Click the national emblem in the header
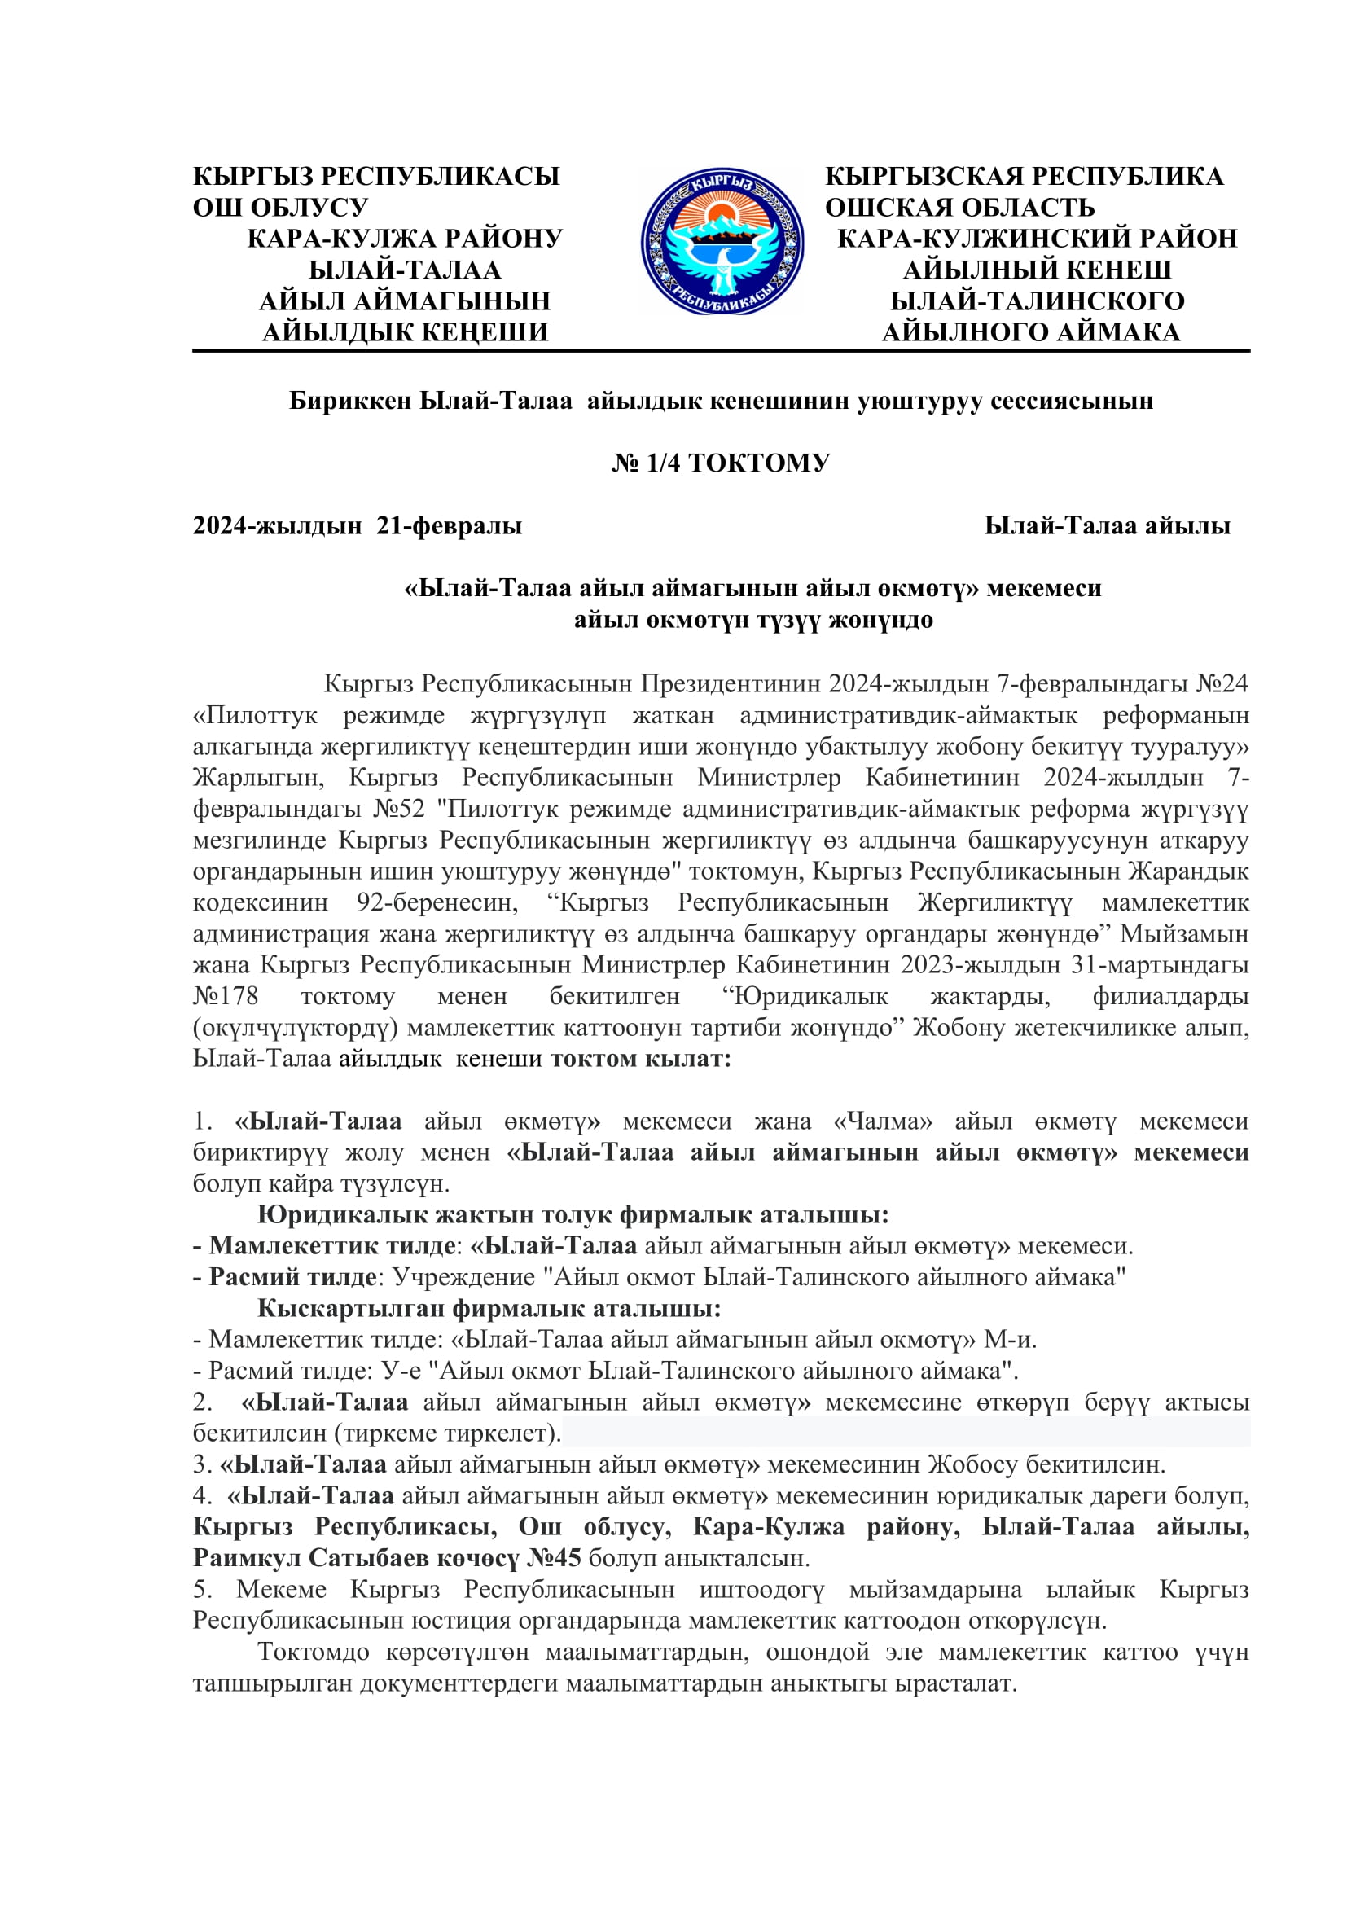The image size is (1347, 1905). tap(722, 241)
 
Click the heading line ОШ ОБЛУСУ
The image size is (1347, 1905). tap(280, 208)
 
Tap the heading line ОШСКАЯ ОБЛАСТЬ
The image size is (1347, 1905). tap(959, 208)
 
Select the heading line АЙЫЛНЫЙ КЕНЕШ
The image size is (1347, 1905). tap(1037, 270)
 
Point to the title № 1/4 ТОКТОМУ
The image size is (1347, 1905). tap(721, 463)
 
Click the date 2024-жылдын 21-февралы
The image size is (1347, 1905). tap(358, 526)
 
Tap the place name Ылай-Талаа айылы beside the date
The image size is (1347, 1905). tap(1108, 526)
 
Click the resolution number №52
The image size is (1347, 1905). tap(399, 808)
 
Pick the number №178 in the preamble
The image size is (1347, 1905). tap(226, 995)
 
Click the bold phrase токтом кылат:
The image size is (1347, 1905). tap(640, 1059)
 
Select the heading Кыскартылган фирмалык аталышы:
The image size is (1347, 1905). tap(489, 1309)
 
